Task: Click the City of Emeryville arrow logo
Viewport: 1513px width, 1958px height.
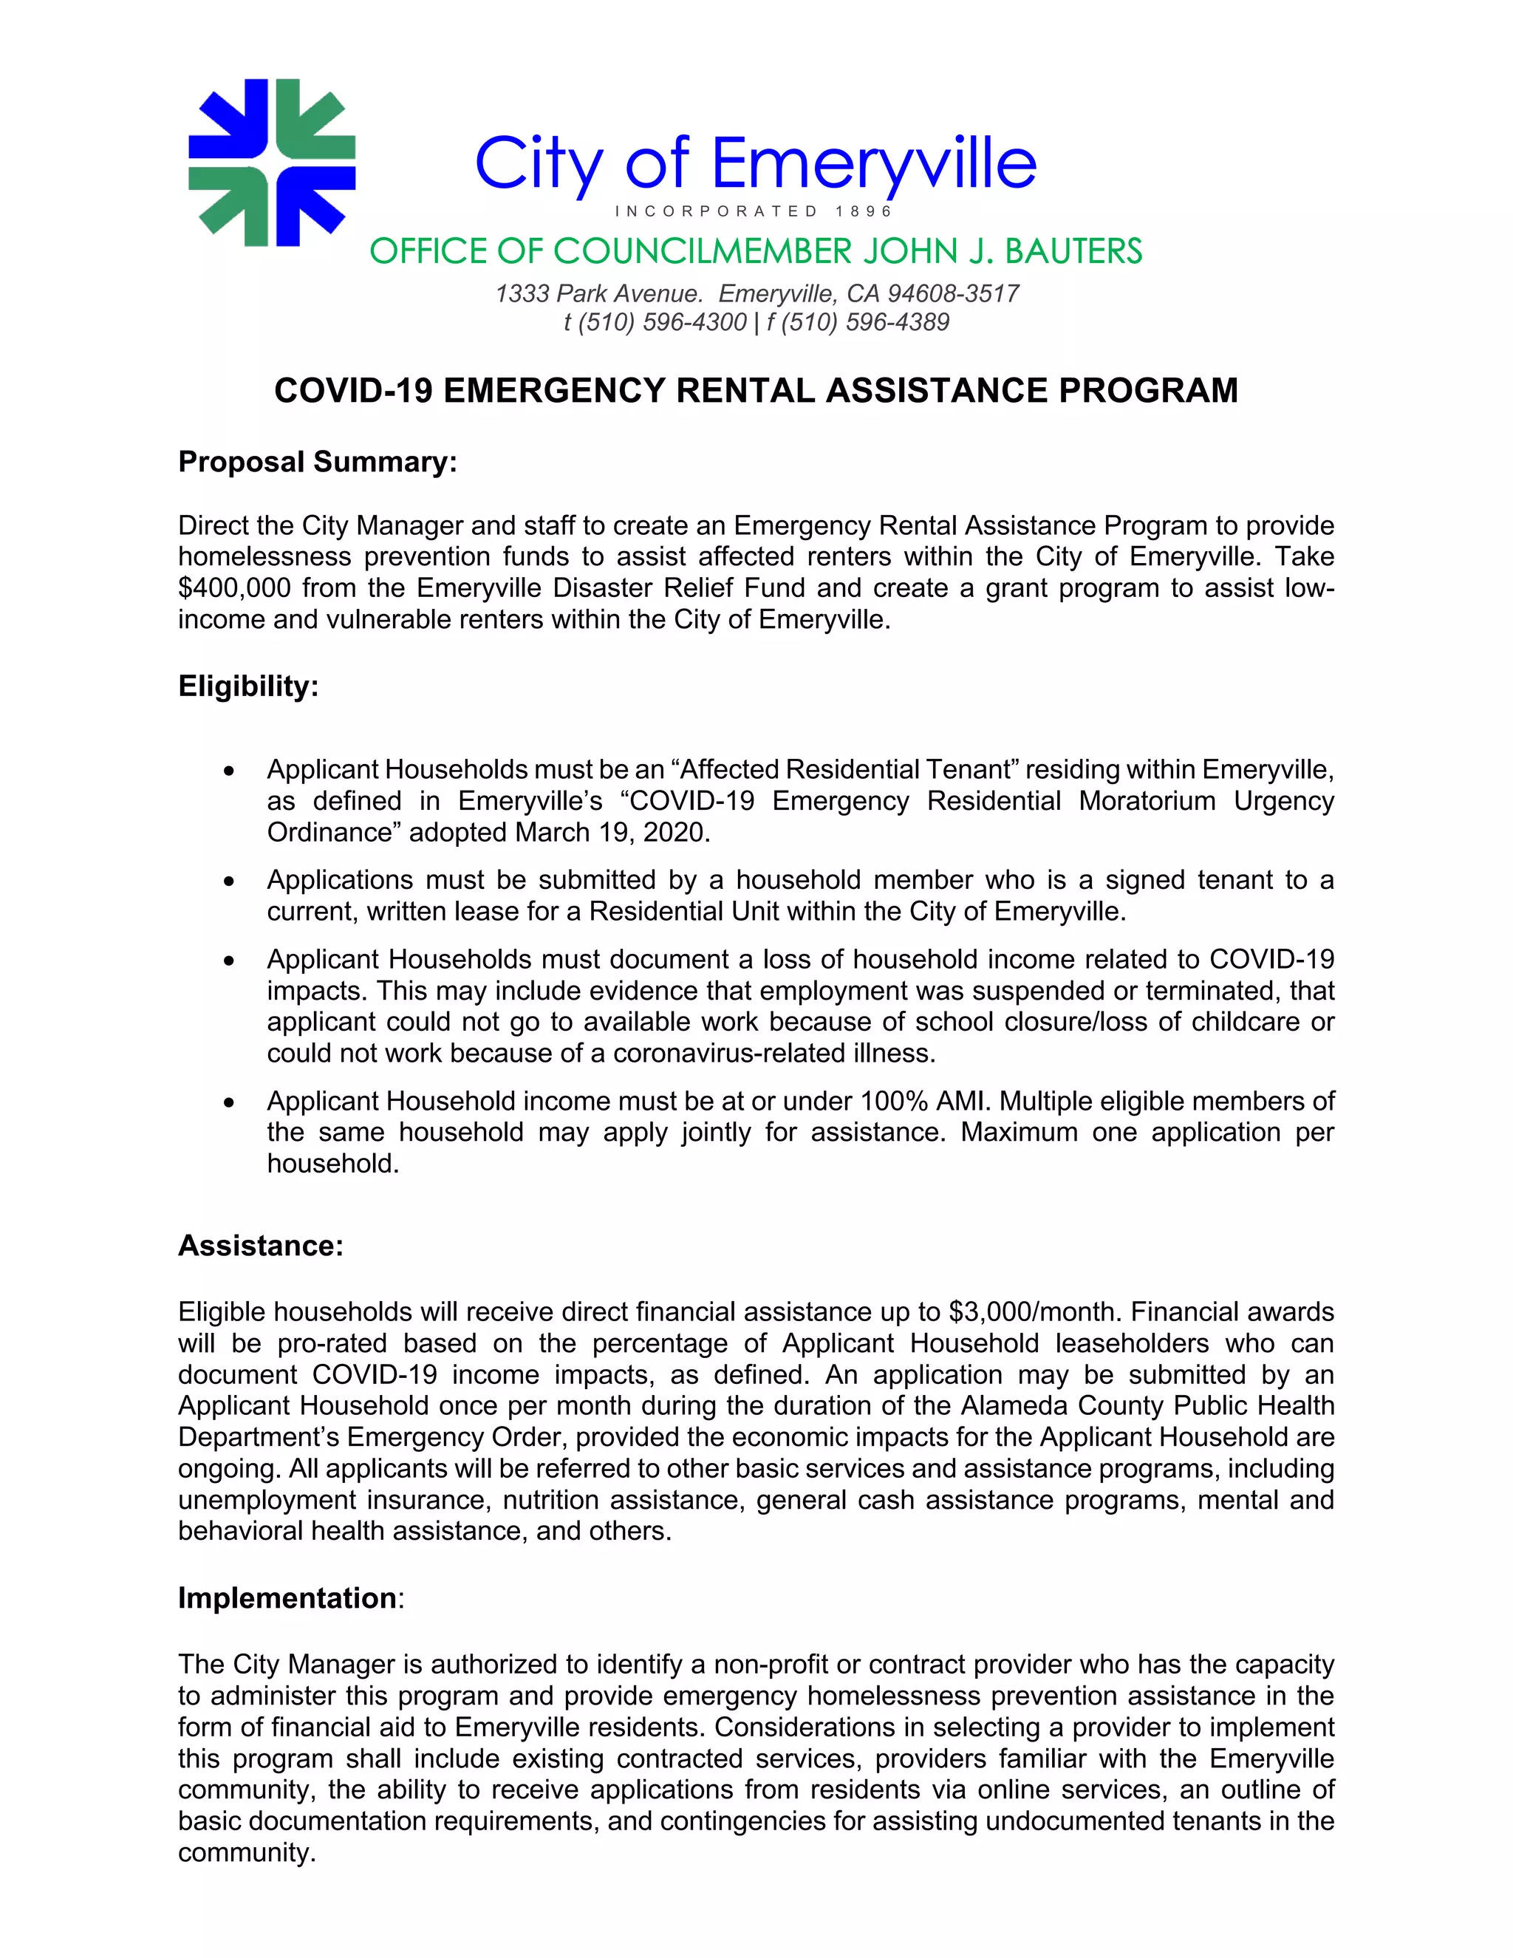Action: click(x=272, y=163)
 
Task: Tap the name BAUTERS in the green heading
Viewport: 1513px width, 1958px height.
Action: click(x=1073, y=252)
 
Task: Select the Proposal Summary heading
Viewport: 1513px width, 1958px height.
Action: click(x=317, y=462)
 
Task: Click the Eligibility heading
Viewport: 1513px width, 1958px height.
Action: click(x=248, y=686)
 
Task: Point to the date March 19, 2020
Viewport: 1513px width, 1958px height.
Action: click(x=611, y=833)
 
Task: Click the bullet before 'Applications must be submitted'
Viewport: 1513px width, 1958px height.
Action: click(x=230, y=882)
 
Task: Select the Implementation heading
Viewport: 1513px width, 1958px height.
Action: click(x=287, y=1597)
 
